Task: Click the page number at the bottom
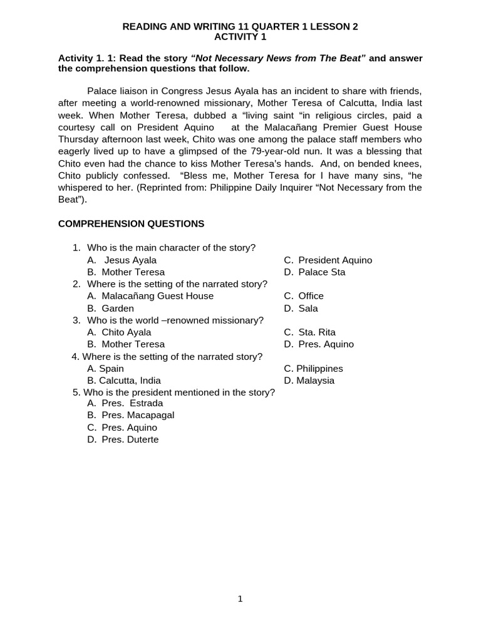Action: [x=240, y=599]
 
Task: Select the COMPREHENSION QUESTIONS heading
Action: [x=131, y=223]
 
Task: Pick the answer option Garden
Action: [x=118, y=309]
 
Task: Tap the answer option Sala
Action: [x=308, y=309]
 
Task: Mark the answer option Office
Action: [x=311, y=296]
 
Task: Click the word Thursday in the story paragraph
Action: [x=80, y=140]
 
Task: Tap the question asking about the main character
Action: [x=171, y=248]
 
